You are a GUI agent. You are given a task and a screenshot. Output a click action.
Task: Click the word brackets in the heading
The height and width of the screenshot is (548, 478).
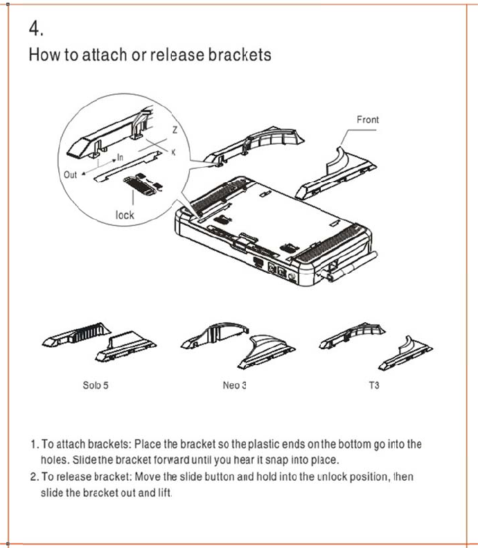[x=239, y=55]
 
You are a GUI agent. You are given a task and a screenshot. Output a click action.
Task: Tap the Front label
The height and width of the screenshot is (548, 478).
[x=368, y=120]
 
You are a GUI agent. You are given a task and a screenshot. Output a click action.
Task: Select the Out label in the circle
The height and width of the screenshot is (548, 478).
[x=71, y=175]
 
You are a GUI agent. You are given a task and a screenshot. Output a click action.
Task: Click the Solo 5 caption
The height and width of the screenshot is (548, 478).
[x=96, y=385]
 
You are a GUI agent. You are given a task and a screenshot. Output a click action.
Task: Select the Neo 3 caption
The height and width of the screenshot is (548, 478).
[x=235, y=385]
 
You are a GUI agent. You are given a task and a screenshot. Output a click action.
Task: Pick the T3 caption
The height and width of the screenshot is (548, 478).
[x=374, y=385]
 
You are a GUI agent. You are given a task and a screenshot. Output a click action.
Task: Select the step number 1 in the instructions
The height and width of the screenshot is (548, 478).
[x=34, y=444]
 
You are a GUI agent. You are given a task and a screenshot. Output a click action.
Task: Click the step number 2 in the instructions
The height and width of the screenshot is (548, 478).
[x=34, y=477]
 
